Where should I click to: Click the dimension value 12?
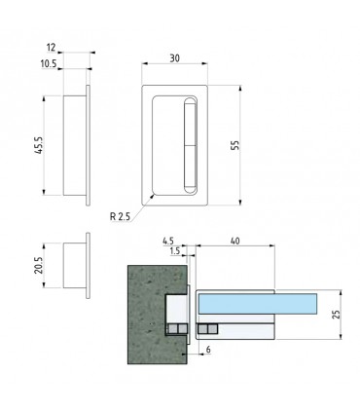(x=52, y=48)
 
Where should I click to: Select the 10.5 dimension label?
(x=49, y=64)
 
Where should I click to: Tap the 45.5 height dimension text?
(x=39, y=145)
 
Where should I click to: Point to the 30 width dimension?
(x=174, y=58)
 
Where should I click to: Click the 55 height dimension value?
(x=235, y=145)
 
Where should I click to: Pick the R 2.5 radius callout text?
(x=120, y=216)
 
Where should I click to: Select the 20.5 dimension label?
(x=39, y=265)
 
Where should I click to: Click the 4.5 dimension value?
(x=168, y=242)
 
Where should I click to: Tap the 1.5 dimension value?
(x=174, y=251)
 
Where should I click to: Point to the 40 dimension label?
(x=234, y=241)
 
